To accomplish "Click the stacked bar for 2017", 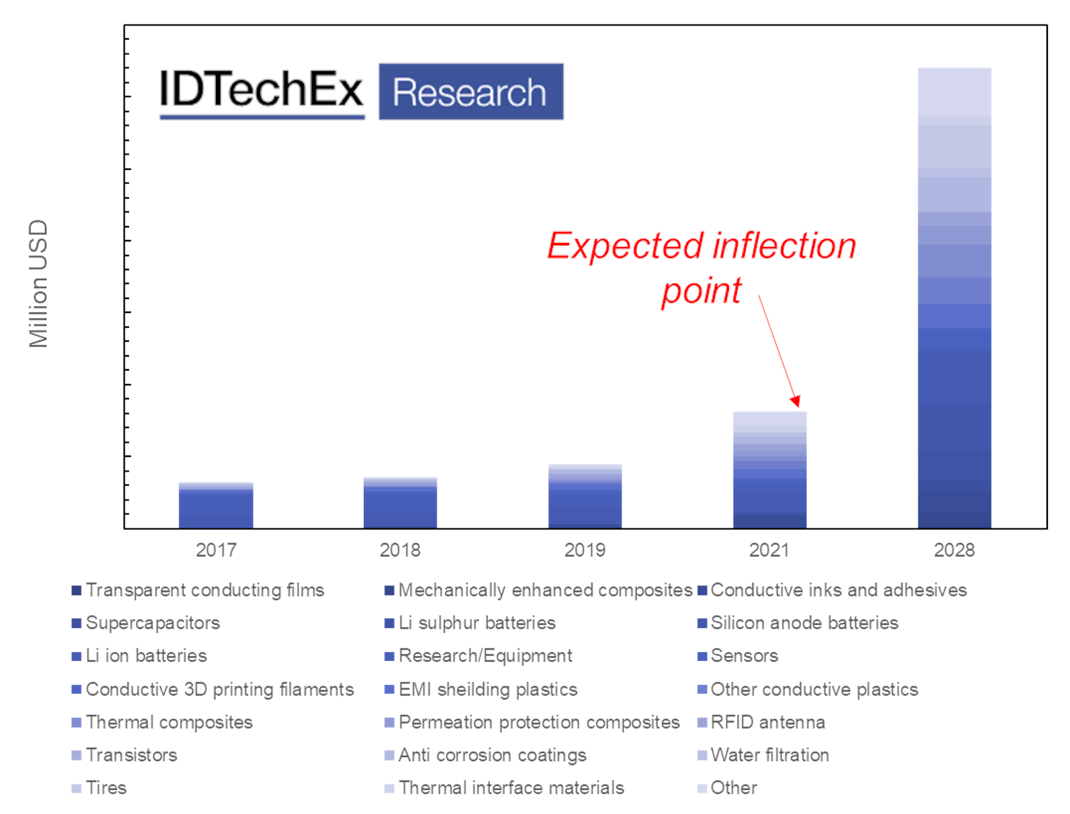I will pyautogui.click(x=215, y=506).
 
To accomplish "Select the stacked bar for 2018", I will pyautogui.click(x=400, y=503).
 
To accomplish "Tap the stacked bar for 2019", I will pyautogui.click(x=584, y=496).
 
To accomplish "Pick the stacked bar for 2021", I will pyautogui.click(x=769, y=470).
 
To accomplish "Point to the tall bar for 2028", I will pyautogui.click(x=954, y=298).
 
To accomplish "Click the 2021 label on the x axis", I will pyautogui.click(x=769, y=550).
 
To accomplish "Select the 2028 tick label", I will pyautogui.click(x=954, y=550).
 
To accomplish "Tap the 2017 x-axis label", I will pyautogui.click(x=215, y=550).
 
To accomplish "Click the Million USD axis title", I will pyautogui.click(x=39, y=284).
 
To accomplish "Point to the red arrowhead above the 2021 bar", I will pyautogui.click(x=795, y=401).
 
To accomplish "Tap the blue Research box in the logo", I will pyautogui.click(x=470, y=92).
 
